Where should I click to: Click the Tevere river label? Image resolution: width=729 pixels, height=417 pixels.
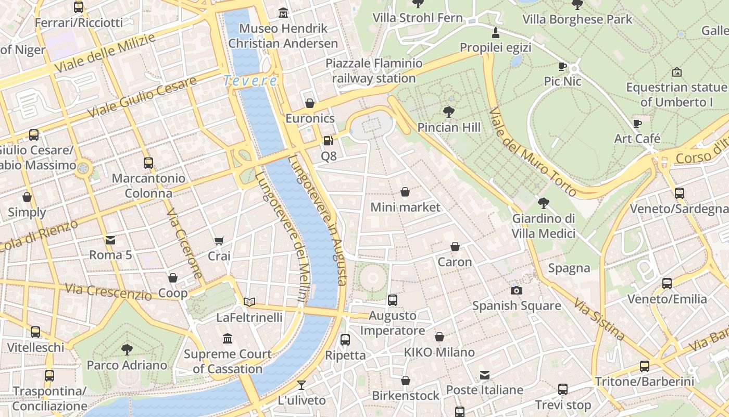[x=250, y=81]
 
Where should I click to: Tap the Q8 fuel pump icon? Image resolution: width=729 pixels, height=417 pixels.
[x=328, y=140]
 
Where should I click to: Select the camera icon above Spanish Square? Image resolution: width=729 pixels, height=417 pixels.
[x=517, y=290]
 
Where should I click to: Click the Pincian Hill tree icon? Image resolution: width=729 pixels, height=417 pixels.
[x=448, y=112]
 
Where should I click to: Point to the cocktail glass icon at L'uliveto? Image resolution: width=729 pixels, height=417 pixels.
[x=301, y=385]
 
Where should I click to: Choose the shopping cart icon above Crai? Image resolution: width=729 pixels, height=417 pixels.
[x=219, y=241]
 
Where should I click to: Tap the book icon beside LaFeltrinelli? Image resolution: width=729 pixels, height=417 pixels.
[x=250, y=302]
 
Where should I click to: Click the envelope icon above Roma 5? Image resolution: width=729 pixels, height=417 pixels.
[x=111, y=240]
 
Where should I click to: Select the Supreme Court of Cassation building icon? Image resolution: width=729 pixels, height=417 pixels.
[x=228, y=339]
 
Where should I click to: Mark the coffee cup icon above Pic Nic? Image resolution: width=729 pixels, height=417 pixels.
[x=562, y=66]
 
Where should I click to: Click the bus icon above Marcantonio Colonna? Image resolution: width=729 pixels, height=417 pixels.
[x=148, y=163]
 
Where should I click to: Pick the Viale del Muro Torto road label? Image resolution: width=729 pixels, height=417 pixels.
[x=533, y=152]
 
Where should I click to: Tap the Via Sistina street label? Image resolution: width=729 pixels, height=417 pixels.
[x=599, y=318]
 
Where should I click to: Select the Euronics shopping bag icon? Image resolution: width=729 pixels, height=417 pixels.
[x=310, y=103]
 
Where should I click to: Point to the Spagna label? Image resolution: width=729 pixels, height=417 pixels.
[x=569, y=268]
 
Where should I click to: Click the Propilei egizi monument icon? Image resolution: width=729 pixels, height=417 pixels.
[x=495, y=33]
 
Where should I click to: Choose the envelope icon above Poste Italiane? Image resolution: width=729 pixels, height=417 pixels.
[x=485, y=375]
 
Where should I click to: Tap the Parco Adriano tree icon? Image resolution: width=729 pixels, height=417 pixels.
[x=127, y=349]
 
